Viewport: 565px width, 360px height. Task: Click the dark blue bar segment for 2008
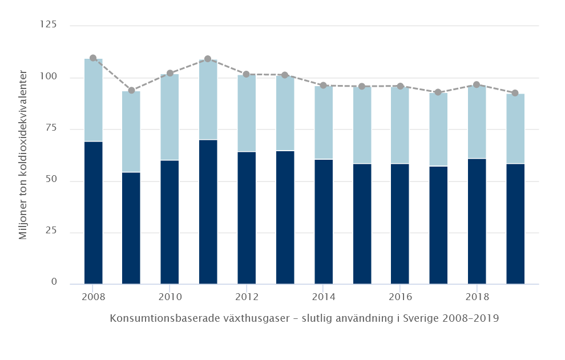(x=93, y=212)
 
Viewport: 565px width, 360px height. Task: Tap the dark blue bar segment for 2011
(x=208, y=211)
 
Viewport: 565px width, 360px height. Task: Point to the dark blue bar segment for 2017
(x=438, y=225)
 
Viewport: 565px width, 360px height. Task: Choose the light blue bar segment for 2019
(x=515, y=128)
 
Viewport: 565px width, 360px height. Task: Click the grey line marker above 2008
(x=93, y=58)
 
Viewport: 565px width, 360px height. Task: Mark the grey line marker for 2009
(x=131, y=90)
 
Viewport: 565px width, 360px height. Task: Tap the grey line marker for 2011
(x=208, y=59)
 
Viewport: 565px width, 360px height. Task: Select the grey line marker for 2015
(x=362, y=86)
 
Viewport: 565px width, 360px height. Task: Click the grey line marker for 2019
(x=515, y=93)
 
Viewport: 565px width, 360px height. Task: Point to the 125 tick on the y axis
(x=49, y=25)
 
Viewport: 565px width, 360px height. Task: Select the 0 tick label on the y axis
(x=54, y=282)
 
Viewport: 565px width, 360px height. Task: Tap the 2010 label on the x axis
(x=169, y=297)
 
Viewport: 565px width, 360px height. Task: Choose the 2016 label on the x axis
(x=400, y=297)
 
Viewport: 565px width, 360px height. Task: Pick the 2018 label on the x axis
(x=477, y=297)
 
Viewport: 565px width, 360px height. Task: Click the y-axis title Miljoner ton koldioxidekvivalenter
(x=23, y=154)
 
